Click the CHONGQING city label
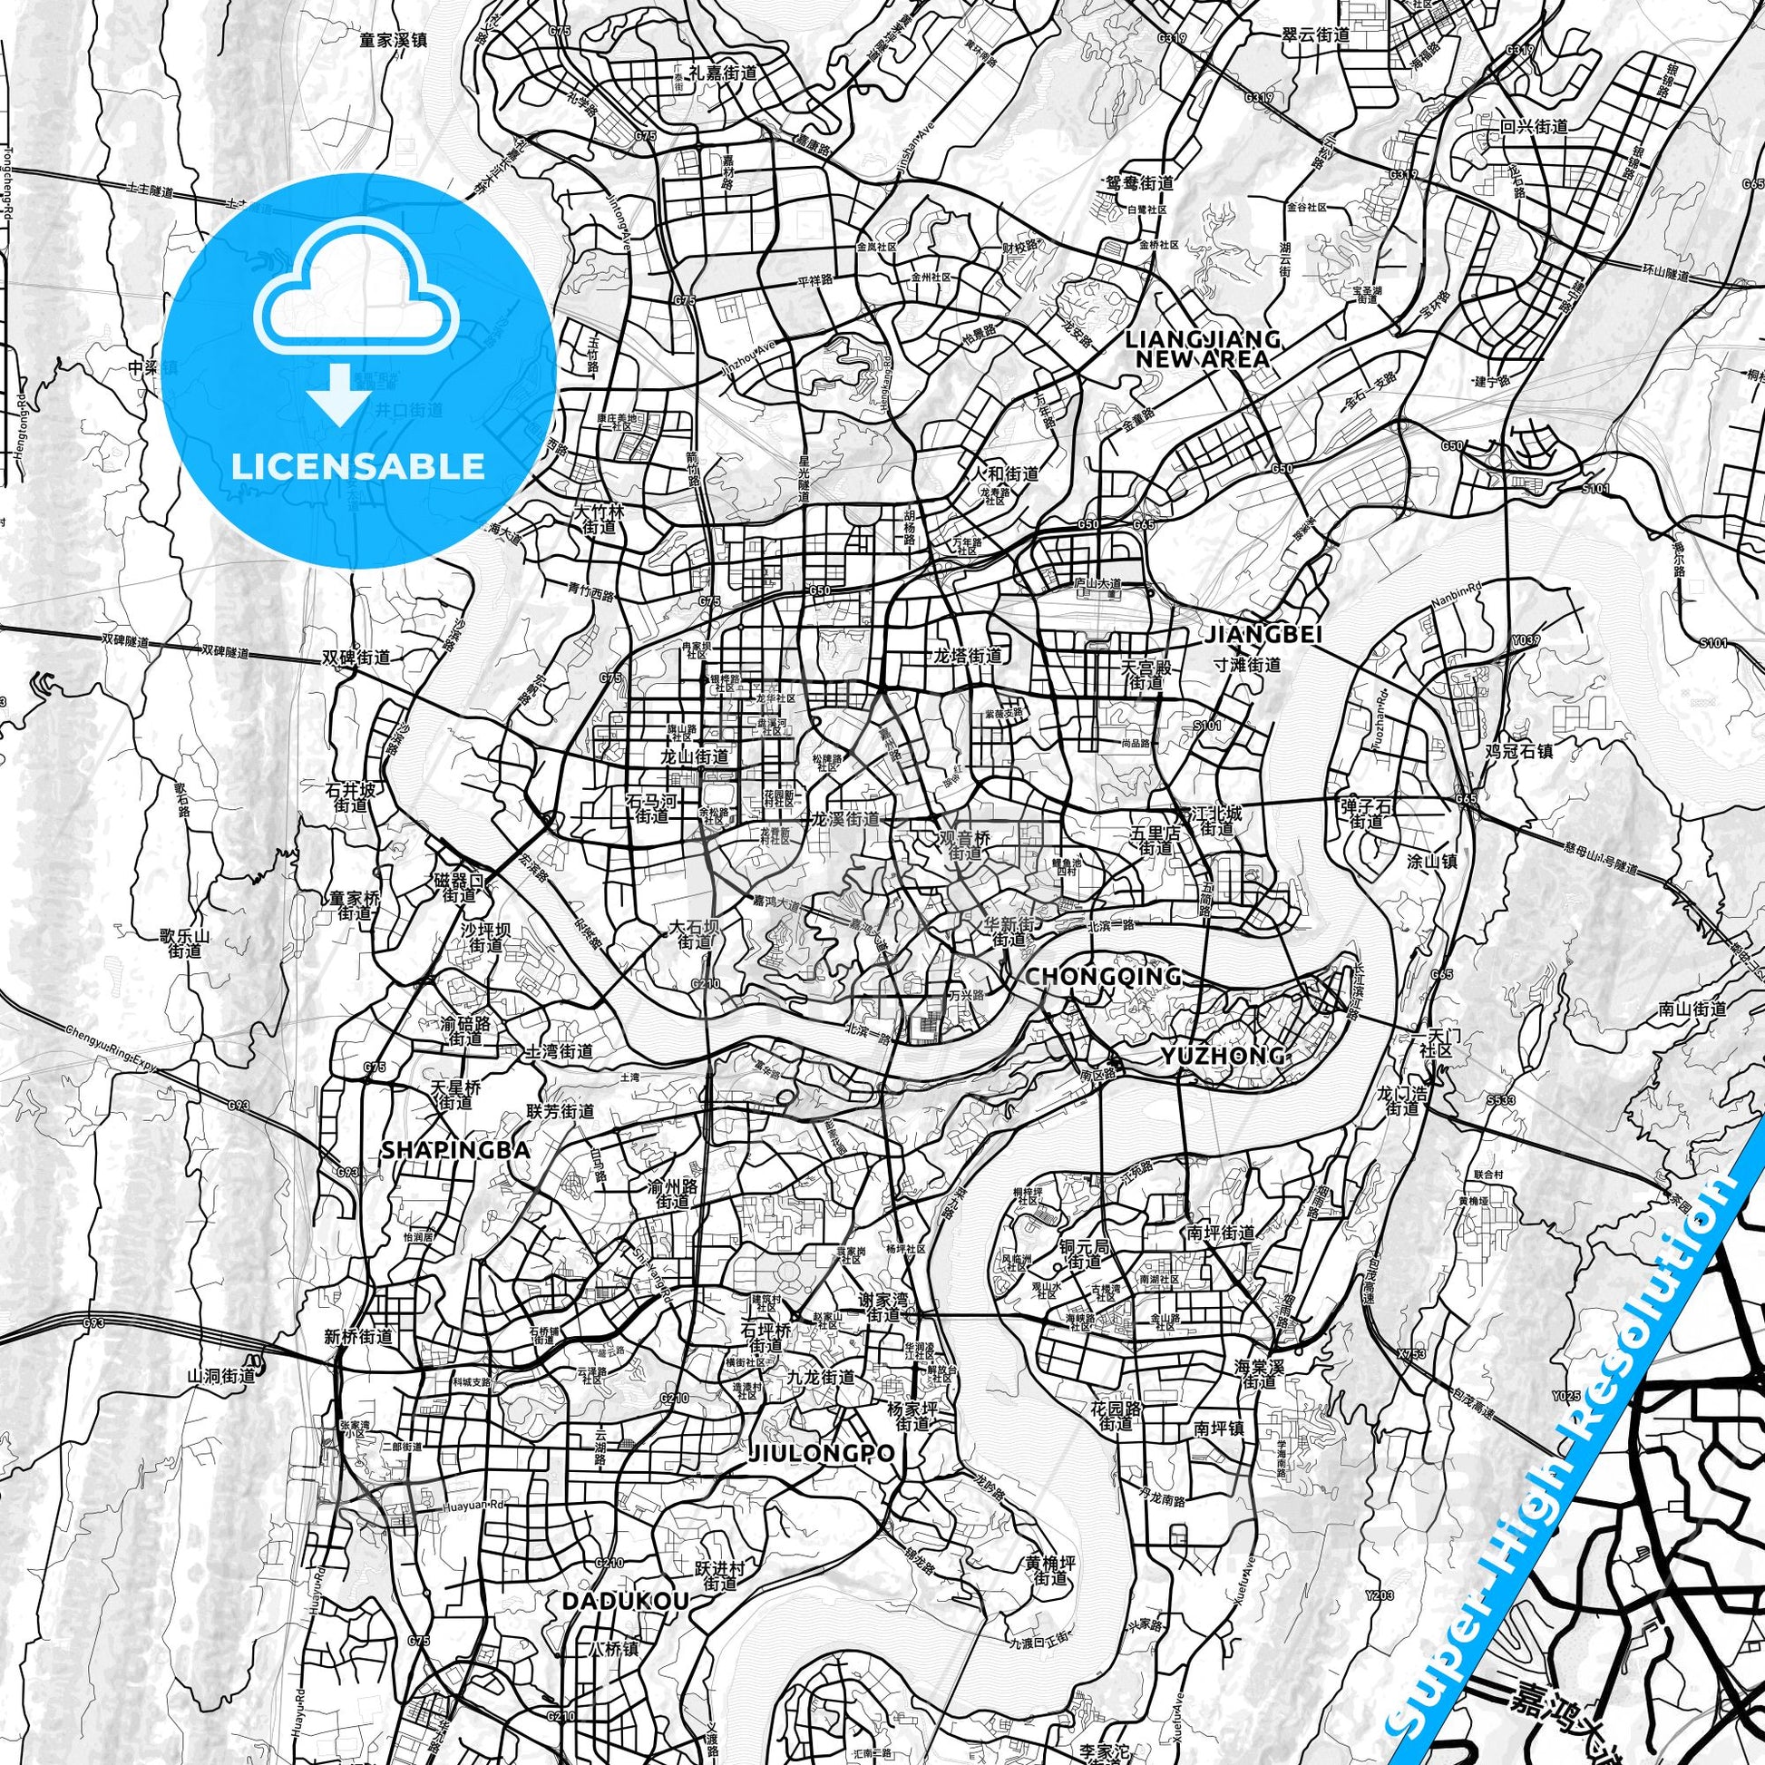coord(1103,977)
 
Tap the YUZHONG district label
coord(1222,1056)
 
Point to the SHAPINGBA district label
coord(455,1151)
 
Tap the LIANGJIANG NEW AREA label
coord(1203,348)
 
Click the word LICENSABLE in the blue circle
coord(358,466)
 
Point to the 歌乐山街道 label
coord(184,943)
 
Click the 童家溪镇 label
coord(394,41)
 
